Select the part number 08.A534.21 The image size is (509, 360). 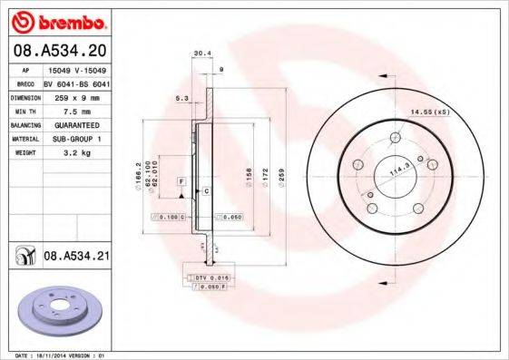point(76,258)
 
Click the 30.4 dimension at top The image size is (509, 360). point(201,54)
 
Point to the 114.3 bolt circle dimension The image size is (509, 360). point(396,169)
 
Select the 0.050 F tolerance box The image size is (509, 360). point(208,287)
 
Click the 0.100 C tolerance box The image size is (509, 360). point(171,218)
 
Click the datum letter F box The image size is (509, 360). point(181,183)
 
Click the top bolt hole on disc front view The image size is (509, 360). point(396,139)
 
